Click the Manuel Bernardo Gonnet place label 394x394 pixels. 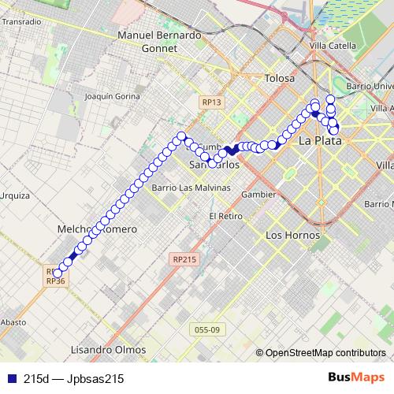158,41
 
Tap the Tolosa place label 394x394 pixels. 280,79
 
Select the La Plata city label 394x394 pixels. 321,141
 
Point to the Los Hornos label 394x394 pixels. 293,235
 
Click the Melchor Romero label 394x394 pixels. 98,229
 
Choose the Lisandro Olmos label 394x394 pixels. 109,349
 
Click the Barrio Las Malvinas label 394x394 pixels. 191,188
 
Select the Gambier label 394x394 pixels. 259,194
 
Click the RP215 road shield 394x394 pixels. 186,258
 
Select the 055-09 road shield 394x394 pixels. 205,329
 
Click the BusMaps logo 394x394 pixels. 357,378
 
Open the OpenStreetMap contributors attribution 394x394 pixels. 325,353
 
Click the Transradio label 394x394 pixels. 20,21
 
